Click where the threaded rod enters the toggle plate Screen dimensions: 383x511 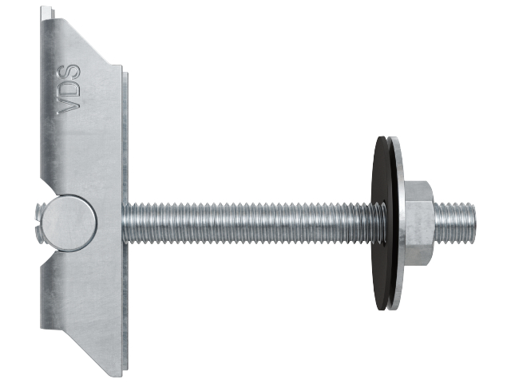pyautogui.click(x=126, y=217)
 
